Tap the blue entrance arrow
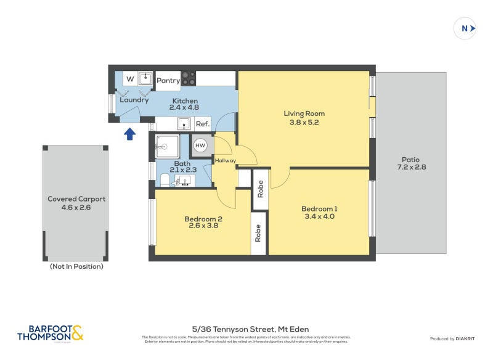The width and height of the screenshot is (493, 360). [x=129, y=134]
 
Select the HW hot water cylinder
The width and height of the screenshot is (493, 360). [x=200, y=145]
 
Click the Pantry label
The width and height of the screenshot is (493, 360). [x=168, y=80]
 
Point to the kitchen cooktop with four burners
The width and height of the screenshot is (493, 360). [x=189, y=79]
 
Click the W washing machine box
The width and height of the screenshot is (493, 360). [x=130, y=79]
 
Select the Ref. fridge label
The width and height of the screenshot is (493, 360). [x=203, y=124]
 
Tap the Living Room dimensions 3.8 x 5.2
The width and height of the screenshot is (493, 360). [x=304, y=122]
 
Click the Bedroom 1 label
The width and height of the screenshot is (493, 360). [x=319, y=208]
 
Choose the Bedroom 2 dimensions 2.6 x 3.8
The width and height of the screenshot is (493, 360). [x=203, y=226]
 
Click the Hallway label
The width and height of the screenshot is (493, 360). [x=225, y=161]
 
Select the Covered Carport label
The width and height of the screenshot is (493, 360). [x=76, y=199]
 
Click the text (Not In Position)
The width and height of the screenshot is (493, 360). [x=76, y=266]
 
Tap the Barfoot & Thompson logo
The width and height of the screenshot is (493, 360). [x=50, y=333]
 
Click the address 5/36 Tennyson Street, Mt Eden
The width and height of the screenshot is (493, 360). [x=250, y=329]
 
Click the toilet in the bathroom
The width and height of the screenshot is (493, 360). [x=164, y=180]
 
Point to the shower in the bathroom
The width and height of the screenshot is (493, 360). [x=167, y=147]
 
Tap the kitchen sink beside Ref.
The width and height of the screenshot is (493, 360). [x=184, y=124]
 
